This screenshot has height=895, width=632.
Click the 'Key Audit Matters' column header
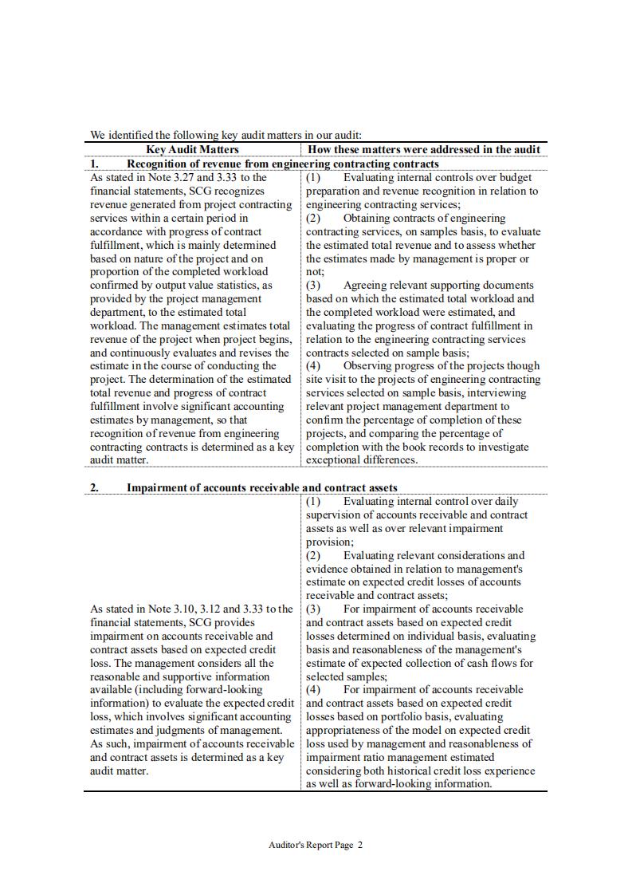click(192, 149)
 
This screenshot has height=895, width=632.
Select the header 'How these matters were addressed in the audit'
click(424, 149)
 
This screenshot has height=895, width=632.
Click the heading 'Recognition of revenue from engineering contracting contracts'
click(283, 164)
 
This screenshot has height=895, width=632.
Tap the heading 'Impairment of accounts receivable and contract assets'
click(262, 487)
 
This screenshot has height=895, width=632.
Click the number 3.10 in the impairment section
click(188, 609)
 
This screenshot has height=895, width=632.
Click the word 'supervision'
click(336, 515)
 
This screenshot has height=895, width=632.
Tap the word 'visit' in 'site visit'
click(338, 379)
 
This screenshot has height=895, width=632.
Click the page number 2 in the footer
click(360, 845)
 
